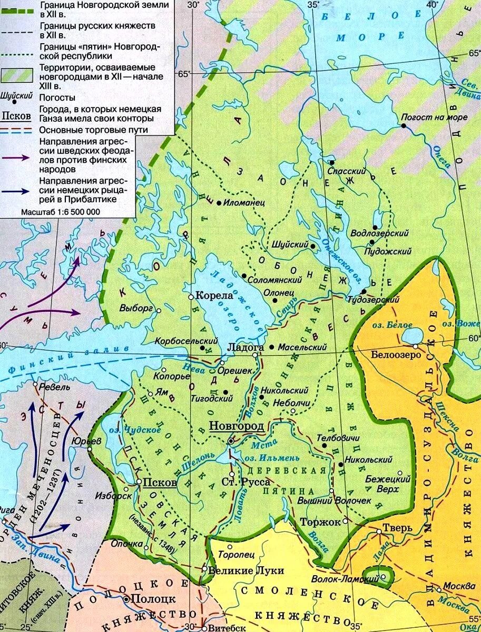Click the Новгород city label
point(236,426)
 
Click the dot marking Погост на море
point(403,126)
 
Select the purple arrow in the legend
point(19,157)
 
